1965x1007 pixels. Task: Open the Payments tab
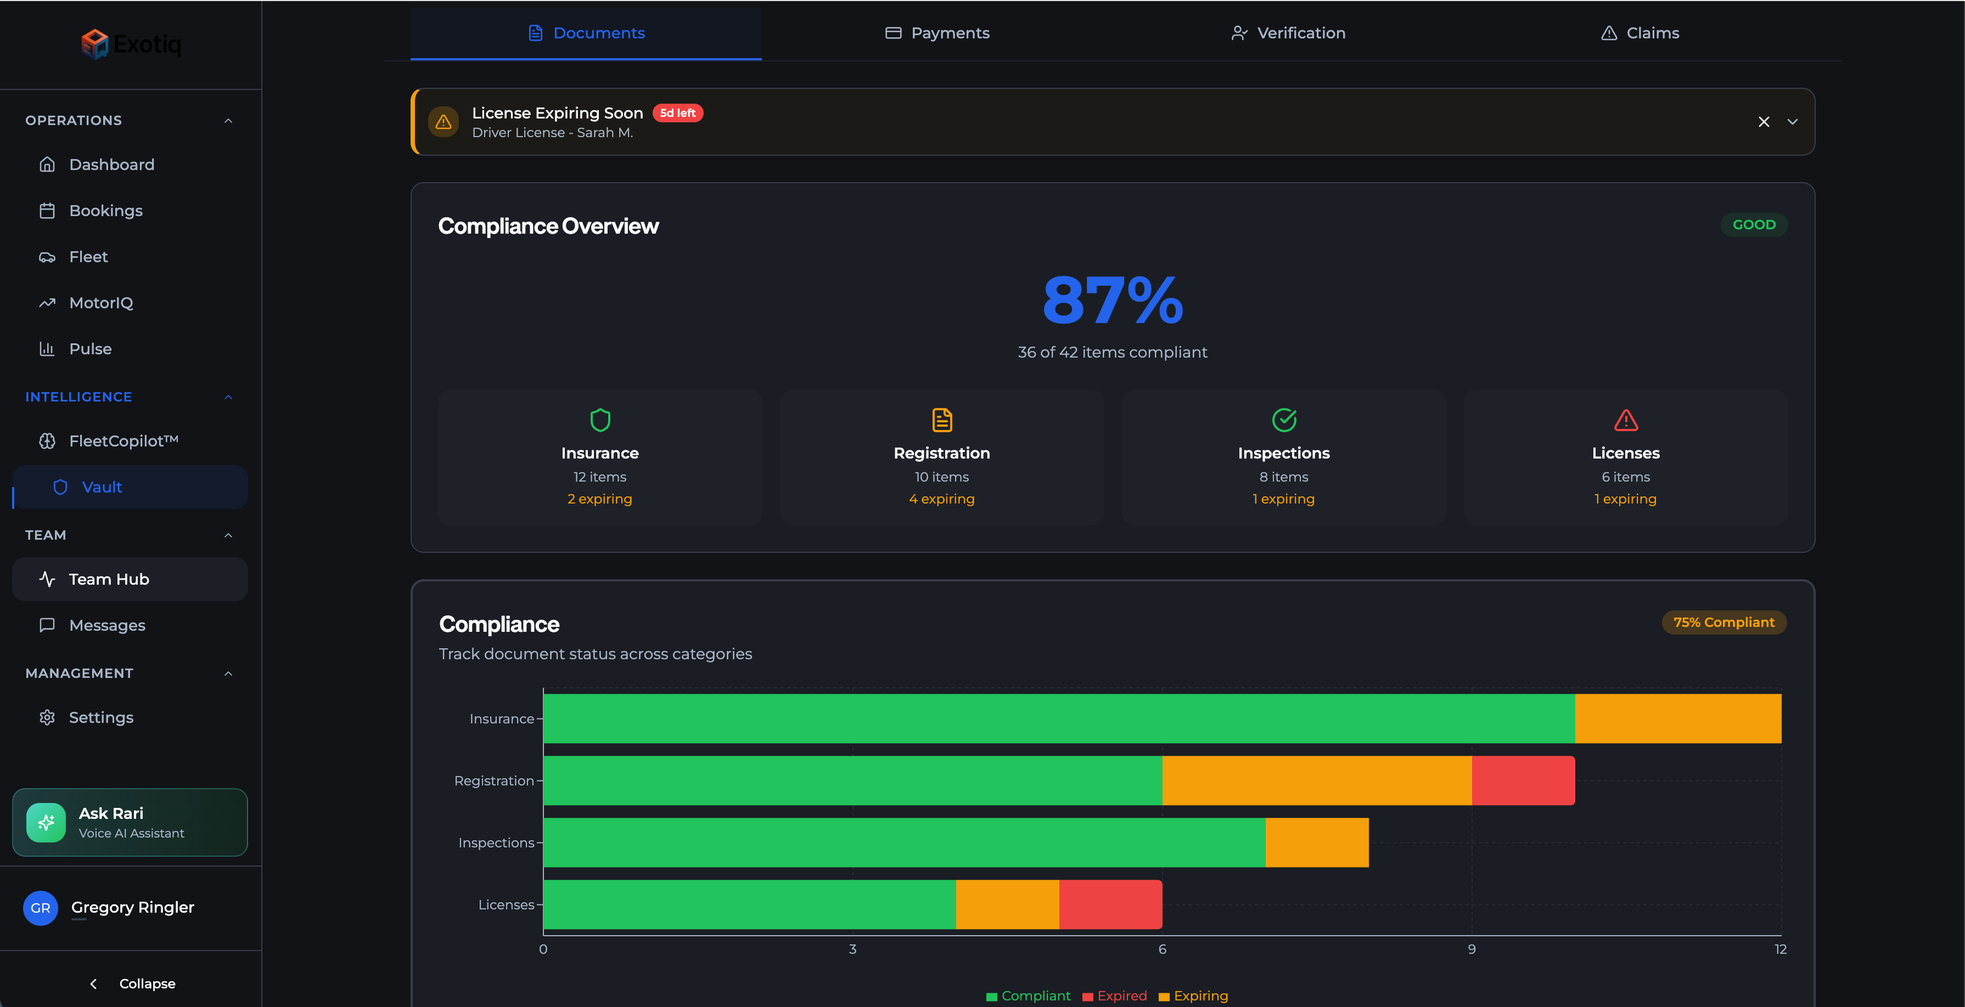[x=937, y=33]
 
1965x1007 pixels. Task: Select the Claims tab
[x=1640, y=33]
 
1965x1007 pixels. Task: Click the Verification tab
[x=1288, y=33]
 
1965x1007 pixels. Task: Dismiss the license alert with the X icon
[x=1764, y=122]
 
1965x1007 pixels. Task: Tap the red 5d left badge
[x=677, y=113]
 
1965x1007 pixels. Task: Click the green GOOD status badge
[x=1754, y=225]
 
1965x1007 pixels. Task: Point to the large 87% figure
[x=1112, y=301]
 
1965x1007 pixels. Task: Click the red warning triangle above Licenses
[x=1626, y=420]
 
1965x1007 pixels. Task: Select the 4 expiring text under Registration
[x=941, y=499]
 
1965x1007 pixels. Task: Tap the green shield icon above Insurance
[x=599, y=420]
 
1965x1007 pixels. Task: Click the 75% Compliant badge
[x=1723, y=622]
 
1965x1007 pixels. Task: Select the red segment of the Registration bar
[x=1523, y=780]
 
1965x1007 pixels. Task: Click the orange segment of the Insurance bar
[x=1677, y=718]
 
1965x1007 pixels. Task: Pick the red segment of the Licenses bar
[x=1110, y=904]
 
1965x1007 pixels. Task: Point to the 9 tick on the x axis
[x=1472, y=949]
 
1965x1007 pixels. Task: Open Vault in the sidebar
[x=102, y=487]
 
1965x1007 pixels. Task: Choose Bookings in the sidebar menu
[x=105, y=211]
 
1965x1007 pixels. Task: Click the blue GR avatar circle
[x=41, y=908]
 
